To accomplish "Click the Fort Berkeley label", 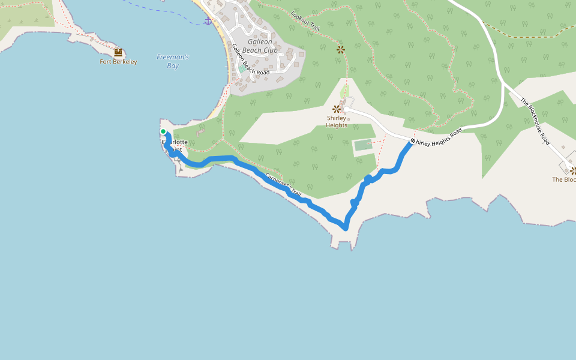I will tap(118, 62).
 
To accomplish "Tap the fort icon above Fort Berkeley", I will tap(118, 52).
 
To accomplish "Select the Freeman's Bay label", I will tap(173, 61).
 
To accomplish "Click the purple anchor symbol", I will tap(208, 21).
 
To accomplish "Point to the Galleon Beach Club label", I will tap(260, 46).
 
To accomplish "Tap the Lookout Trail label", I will tap(305, 22).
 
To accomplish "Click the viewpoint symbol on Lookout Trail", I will tap(341, 49).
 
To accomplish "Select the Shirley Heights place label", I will tap(337, 121).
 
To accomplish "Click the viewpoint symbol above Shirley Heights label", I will tap(337, 109).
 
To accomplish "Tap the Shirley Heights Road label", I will tap(440, 137).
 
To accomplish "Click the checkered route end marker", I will tap(413, 142).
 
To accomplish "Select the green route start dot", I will tap(163, 131).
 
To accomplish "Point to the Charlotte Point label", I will tap(175, 146).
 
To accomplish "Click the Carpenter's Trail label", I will tap(283, 184).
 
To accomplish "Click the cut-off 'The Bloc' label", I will tap(563, 179).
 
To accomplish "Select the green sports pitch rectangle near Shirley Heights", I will tap(362, 145).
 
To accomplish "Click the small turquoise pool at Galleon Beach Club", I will tap(241, 69).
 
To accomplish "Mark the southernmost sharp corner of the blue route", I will tap(346, 228).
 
